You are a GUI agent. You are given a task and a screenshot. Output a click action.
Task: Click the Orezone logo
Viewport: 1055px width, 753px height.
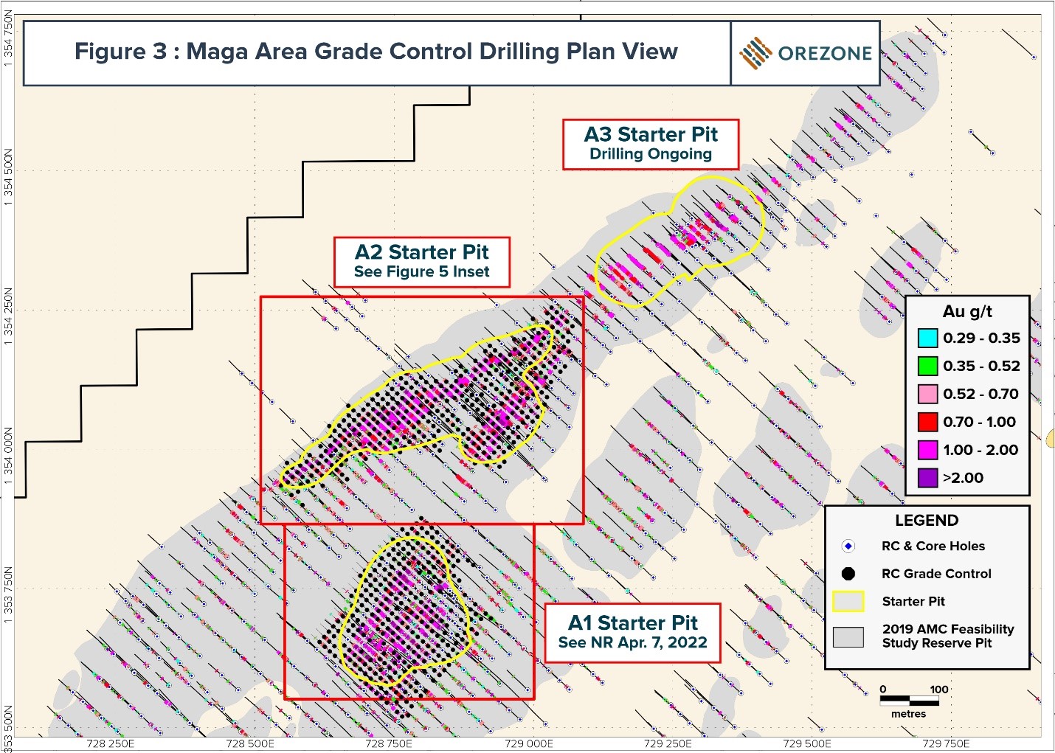[x=805, y=53]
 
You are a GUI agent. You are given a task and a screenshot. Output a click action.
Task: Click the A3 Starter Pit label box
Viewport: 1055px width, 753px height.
[x=650, y=145]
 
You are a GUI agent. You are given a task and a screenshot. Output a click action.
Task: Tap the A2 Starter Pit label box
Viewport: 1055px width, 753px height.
[x=421, y=262]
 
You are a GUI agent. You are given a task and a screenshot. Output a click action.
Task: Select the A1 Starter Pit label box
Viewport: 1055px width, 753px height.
[x=632, y=632]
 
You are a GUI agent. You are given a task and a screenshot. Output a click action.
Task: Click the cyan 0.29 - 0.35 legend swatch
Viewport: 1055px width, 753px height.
[x=927, y=339]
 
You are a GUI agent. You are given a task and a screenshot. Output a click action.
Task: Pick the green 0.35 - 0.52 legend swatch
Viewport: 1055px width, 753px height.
[x=927, y=366]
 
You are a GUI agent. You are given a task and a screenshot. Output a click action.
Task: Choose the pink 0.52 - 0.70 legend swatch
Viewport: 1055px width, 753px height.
[x=927, y=394]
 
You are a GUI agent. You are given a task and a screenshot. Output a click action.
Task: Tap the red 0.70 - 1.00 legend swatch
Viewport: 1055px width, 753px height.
[x=927, y=422]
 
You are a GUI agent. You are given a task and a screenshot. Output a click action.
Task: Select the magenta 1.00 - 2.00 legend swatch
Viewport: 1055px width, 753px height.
[x=927, y=450]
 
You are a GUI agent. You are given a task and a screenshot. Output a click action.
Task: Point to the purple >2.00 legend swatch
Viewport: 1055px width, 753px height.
[x=927, y=478]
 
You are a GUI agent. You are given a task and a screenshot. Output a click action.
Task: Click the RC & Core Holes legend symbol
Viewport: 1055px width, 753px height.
[x=848, y=546]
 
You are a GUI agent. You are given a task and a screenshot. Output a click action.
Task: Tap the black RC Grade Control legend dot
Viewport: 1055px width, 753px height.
[x=848, y=574]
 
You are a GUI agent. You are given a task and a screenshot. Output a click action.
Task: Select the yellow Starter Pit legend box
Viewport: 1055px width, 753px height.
[x=848, y=602]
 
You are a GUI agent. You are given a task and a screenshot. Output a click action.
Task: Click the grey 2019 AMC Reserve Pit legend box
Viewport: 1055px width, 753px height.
[x=848, y=636]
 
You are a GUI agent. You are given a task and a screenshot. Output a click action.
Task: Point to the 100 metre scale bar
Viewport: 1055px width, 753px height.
[x=908, y=698]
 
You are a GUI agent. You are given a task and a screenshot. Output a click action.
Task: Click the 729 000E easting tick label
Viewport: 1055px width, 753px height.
[x=528, y=743]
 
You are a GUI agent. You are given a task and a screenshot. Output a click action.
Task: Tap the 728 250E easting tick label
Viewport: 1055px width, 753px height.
[x=110, y=743]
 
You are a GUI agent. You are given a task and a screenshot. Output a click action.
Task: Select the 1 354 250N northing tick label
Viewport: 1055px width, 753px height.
[x=9, y=313]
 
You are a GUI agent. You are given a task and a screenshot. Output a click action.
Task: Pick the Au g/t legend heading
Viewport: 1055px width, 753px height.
[x=967, y=311]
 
